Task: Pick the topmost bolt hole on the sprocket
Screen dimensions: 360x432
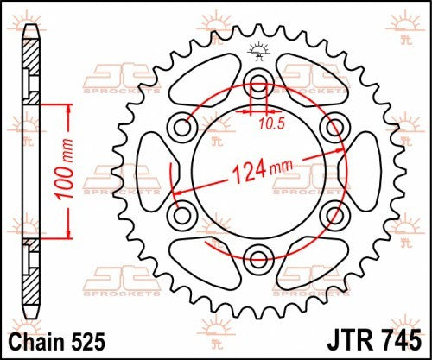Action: [258, 85]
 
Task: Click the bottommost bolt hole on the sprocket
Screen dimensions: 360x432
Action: [258, 256]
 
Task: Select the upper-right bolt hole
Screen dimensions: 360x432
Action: [333, 128]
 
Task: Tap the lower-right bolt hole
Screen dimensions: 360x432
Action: [333, 213]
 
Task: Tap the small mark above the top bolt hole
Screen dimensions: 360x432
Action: [257, 49]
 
